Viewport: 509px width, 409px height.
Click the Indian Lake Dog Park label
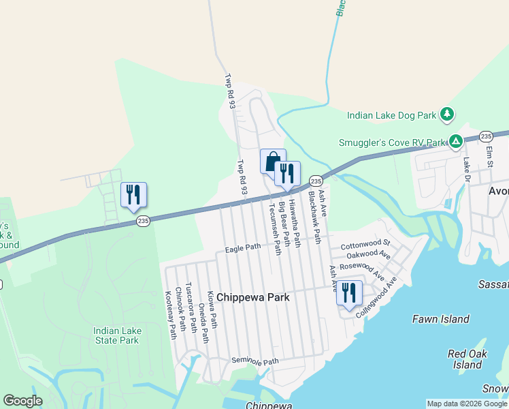[391, 115]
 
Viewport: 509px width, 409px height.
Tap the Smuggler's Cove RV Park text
[392, 143]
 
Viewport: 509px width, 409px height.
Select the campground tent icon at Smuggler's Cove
[455, 142]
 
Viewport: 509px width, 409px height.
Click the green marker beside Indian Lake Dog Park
[446, 115]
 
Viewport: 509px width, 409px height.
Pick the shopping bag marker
[273, 162]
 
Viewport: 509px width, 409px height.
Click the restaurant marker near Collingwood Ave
[349, 293]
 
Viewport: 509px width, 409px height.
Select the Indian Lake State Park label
[117, 335]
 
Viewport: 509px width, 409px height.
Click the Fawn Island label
[441, 319]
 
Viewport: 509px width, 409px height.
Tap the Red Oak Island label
[467, 359]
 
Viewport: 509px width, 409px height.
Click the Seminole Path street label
[255, 361]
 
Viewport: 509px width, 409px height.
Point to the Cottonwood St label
[365, 243]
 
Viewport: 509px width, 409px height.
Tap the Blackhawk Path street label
[314, 217]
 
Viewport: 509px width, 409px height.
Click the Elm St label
[489, 155]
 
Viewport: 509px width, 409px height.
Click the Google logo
[22, 401]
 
